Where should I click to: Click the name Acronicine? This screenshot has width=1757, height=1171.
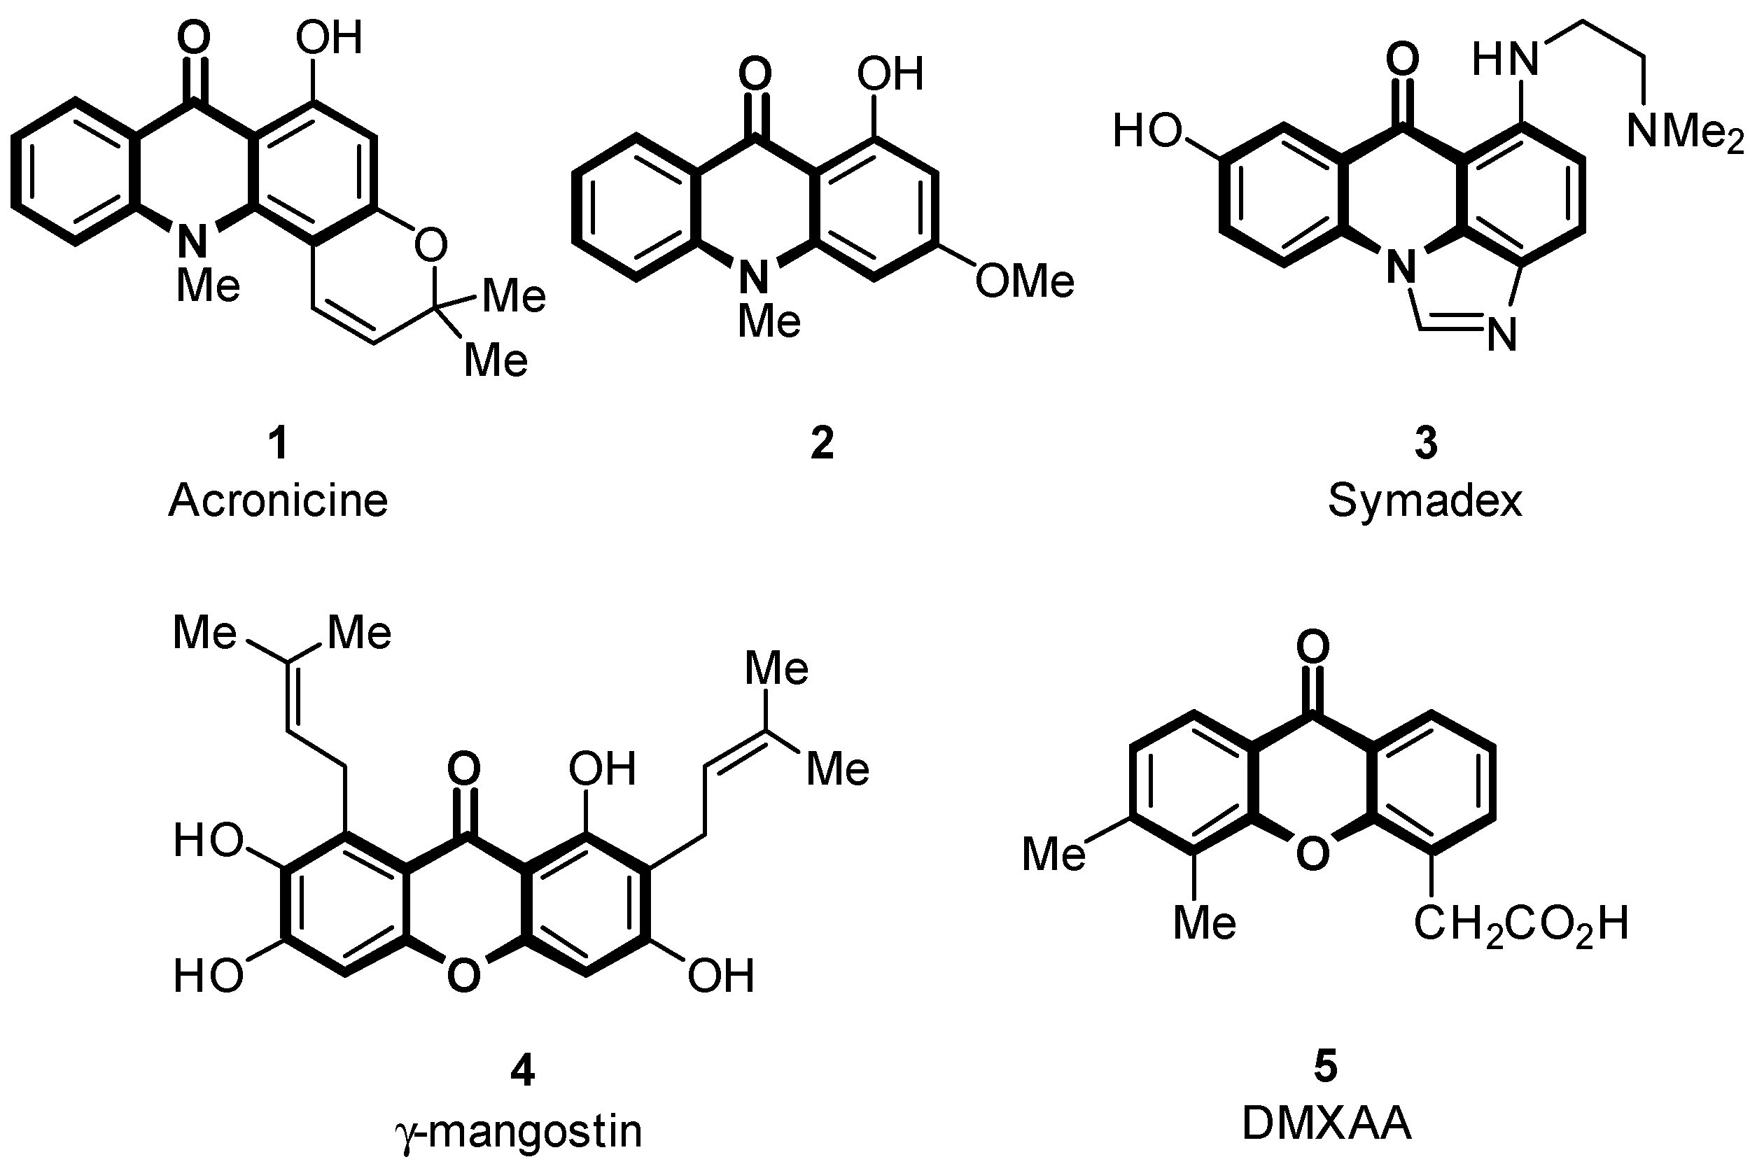[278, 500]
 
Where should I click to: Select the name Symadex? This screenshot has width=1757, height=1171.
[1424, 500]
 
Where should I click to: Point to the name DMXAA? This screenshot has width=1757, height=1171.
[1326, 1123]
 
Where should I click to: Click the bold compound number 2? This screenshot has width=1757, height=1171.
[821, 443]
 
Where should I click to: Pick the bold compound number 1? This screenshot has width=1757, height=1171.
[278, 443]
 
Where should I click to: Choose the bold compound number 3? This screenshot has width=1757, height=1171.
[1425, 443]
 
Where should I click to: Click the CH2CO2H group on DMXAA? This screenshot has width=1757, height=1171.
[1520, 925]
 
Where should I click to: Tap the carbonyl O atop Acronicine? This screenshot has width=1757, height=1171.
[193, 37]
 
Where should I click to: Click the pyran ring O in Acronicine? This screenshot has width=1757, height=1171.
[430, 244]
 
